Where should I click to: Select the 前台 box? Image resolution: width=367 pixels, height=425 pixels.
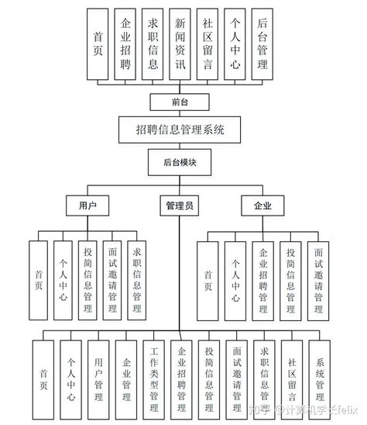(180, 102)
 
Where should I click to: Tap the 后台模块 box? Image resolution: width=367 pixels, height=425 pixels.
(180, 163)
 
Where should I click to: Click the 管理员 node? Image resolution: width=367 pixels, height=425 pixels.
(180, 206)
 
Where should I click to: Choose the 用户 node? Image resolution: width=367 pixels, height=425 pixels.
(87, 206)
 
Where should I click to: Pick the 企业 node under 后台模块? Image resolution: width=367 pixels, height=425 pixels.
(262, 206)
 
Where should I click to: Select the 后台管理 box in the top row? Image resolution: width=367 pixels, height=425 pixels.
(262, 45)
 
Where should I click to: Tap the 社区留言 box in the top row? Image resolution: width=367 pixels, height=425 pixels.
(208, 45)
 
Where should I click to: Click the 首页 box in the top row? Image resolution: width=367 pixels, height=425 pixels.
(98, 45)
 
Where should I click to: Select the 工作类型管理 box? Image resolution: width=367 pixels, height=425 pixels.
(154, 378)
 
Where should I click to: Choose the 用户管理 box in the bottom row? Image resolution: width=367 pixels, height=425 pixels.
(98, 378)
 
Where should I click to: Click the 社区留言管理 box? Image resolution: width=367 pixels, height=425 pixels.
(292, 378)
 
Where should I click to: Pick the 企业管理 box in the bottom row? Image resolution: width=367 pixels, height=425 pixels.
(126, 378)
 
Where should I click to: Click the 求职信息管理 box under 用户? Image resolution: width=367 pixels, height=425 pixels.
(137, 279)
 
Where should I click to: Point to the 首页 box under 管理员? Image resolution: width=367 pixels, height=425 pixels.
(43, 378)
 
